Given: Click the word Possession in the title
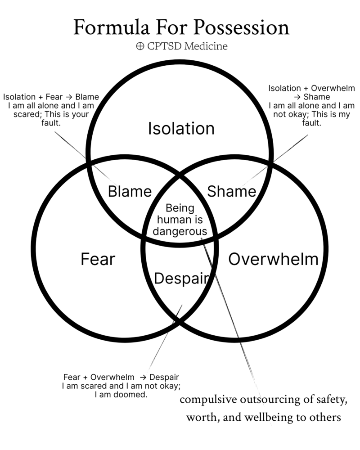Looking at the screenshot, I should click(x=242, y=27).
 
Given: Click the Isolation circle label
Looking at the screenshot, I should click(x=181, y=129).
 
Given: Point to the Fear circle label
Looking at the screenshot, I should click(x=98, y=259).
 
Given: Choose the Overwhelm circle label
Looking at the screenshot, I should click(x=273, y=259).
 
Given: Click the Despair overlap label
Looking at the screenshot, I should click(x=181, y=279).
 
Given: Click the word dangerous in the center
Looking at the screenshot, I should click(x=180, y=231).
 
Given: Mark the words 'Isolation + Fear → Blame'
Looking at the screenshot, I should click(x=51, y=97).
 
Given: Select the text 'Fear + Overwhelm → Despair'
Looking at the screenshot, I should click(x=124, y=377).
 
